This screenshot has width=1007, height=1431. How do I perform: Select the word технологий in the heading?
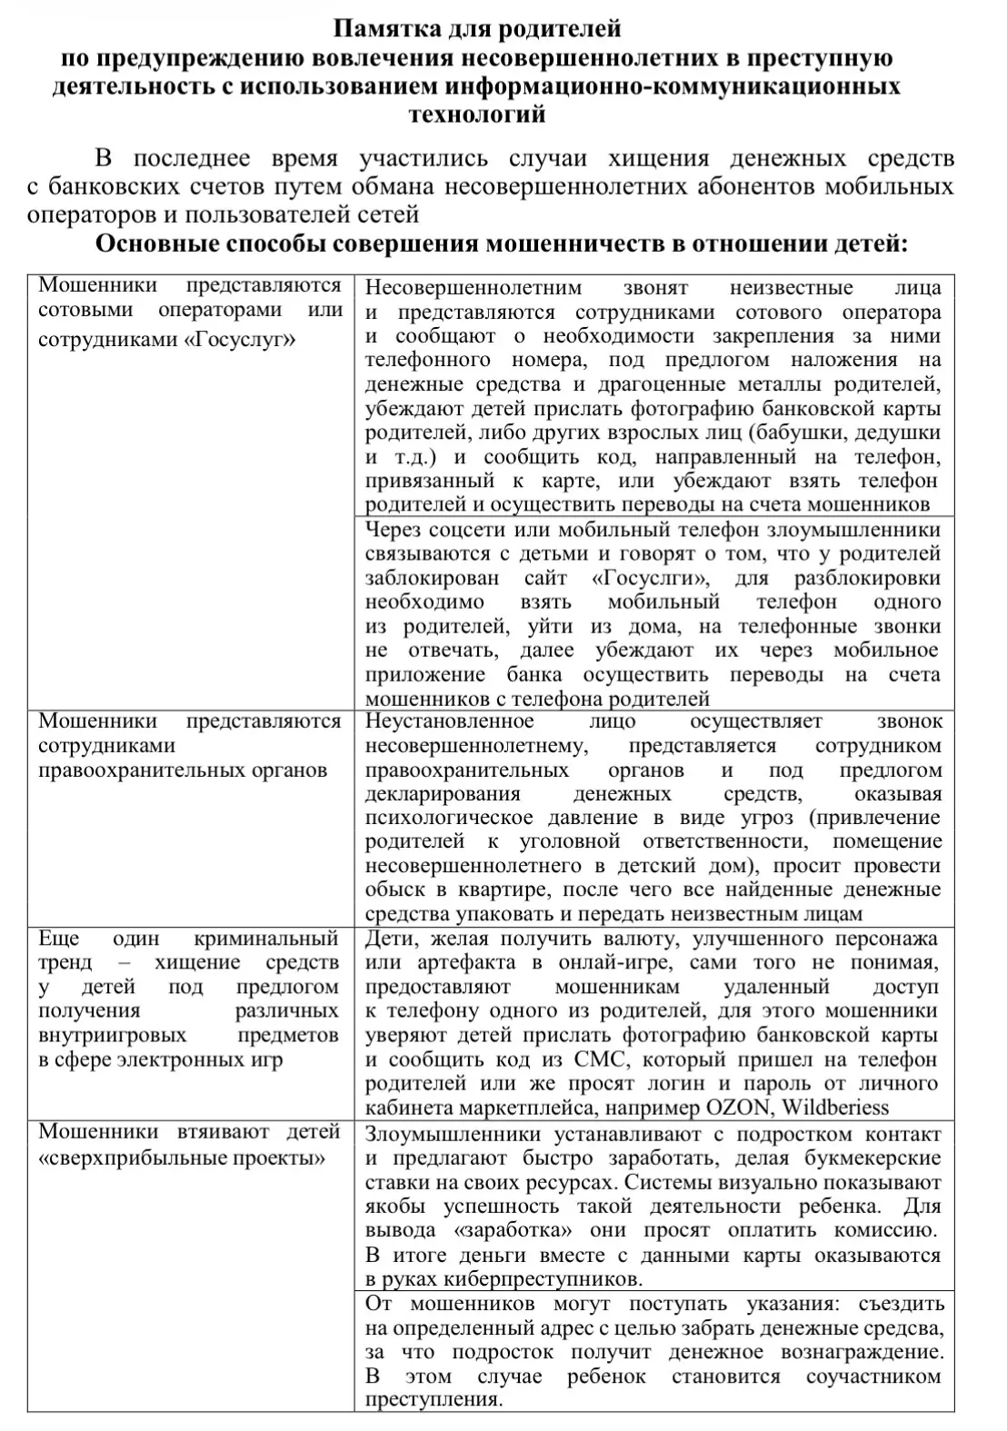(x=477, y=114)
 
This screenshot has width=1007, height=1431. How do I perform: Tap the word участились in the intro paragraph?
(x=423, y=159)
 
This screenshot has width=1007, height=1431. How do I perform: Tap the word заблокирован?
(x=432, y=578)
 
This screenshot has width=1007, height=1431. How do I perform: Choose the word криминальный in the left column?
(x=265, y=939)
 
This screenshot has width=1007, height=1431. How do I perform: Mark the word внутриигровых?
(x=113, y=1035)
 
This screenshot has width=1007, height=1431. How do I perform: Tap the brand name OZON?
(x=740, y=1108)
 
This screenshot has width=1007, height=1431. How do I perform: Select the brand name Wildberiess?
(x=835, y=1108)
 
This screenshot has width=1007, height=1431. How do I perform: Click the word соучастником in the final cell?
(x=873, y=1376)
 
